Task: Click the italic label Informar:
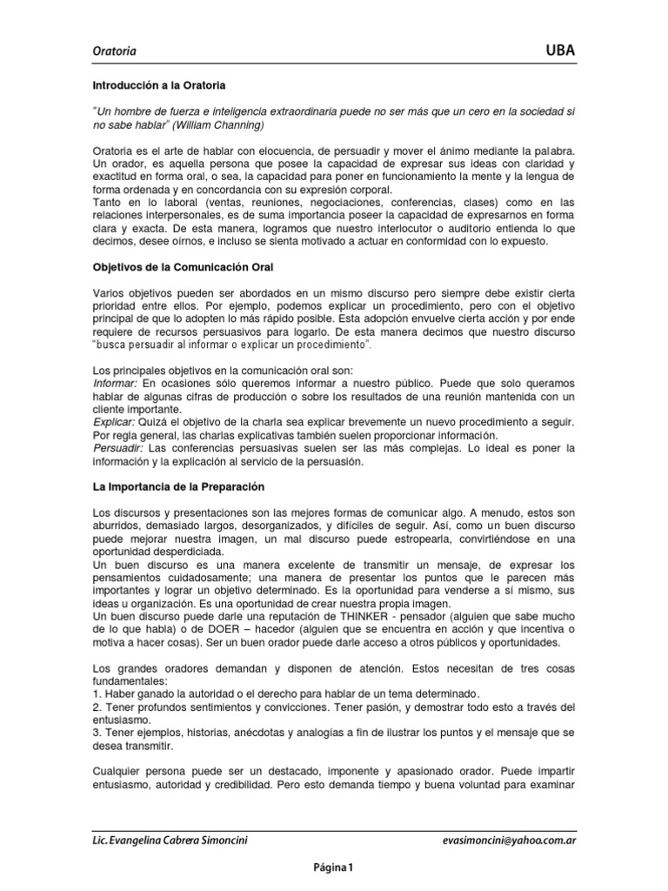point(115,382)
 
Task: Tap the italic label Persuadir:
point(118,447)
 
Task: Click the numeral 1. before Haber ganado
point(97,693)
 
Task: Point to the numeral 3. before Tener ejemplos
point(97,733)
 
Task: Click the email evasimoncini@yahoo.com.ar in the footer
point(510,841)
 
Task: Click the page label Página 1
point(334,867)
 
